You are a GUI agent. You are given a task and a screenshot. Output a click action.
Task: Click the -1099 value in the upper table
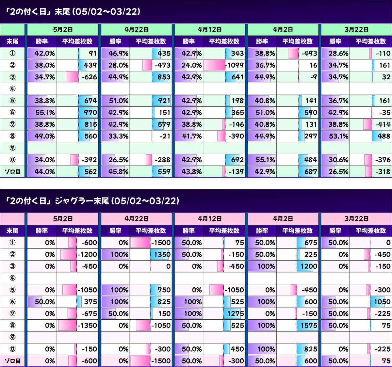pyautogui.click(x=235, y=65)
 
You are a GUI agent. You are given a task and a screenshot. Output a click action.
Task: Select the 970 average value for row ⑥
pyautogui.click(x=90, y=112)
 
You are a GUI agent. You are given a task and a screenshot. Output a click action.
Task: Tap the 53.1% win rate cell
pyautogui.click(x=338, y=136)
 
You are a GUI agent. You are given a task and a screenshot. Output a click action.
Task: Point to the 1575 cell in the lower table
pyautogui.click(x=309, y=325)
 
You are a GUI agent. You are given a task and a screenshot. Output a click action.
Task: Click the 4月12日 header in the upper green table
pyautogui.click(x=210, y=30)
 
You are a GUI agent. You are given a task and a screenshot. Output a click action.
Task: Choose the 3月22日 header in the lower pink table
pyautogui.click(x=356, y=219)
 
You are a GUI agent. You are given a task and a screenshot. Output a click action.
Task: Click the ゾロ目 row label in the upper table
pyautogui.click(x=12, y=172)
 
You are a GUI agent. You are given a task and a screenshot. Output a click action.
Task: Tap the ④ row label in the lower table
pyautogui.click(x=12, y=278)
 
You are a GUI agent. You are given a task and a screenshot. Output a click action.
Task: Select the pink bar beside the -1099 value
pyautogui.click(x=214, y=65)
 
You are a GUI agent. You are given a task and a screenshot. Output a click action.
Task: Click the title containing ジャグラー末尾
pyautogui.click(x=92, y=201)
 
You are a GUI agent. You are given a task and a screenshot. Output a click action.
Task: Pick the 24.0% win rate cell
pyautogui.click(x=192, y=65)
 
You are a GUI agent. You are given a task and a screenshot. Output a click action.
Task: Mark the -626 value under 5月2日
pyautogui.click(x=90, y=77)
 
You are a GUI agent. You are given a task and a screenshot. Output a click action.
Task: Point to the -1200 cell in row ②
pyautogui.click(x=87, y=254)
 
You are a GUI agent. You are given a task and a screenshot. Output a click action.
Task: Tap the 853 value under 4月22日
pyautogui.click(x=164, y=77)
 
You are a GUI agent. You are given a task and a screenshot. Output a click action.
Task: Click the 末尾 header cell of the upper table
pyautogui.click(x=12, y=41)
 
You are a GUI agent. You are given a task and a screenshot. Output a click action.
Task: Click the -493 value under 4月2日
pyautogui.click(x=309, y=53)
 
